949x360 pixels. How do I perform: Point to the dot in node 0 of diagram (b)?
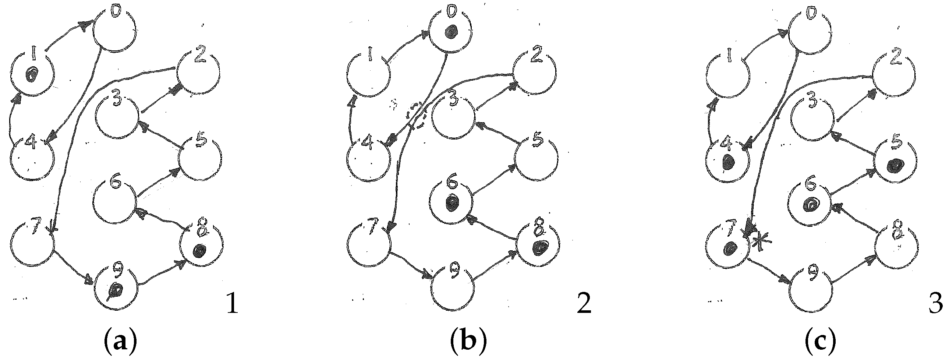[450, 32]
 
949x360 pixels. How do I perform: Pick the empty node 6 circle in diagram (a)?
[114, 203]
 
